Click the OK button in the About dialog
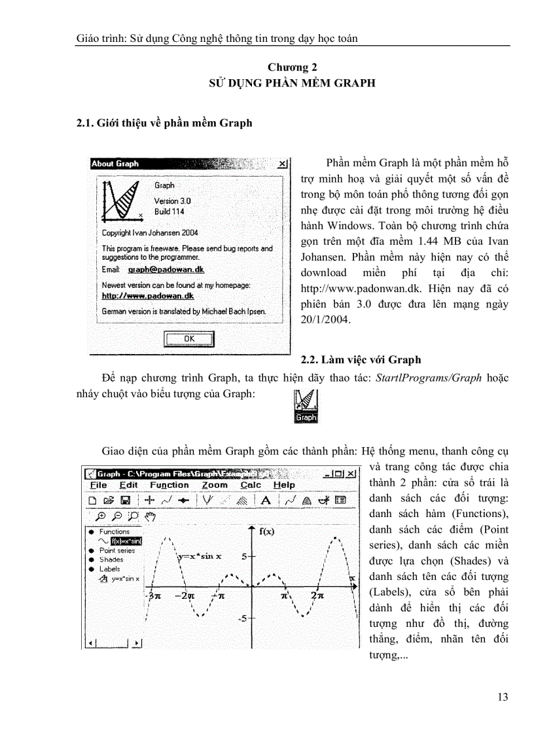[x=189, y=338]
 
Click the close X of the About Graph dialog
[x=283, y=164]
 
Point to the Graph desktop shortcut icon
[x=306, y=405]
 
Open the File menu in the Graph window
[x=99, y=485]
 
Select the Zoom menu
[x=215, y=485]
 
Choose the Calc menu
[x=251, y=485]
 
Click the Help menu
[x=284, y=485]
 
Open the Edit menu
[x=129, y=485]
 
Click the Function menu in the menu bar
[x=169, y=485]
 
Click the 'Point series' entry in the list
[x=117, y=550]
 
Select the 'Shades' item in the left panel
[x=111, y=560]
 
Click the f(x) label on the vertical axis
[x=267, y=531]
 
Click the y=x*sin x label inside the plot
[x=200, y=556]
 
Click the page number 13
[x=503, y=697]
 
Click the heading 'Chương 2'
[x=292, y=67]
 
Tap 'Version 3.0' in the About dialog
[x=173, y=201]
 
